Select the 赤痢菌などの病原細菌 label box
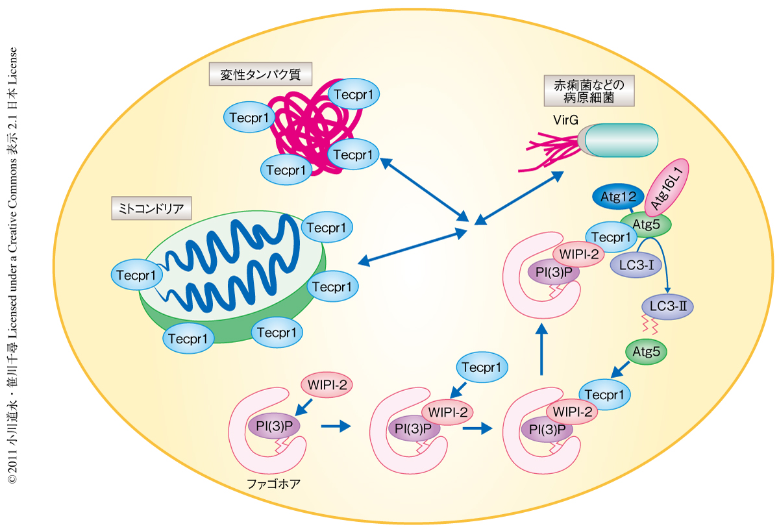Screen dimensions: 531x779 [x=589, y=92]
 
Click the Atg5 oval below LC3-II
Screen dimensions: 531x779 [x=646, y=352]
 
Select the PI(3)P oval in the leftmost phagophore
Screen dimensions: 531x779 [x=273, y=426]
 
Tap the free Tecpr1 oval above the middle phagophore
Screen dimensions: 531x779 [x=482, y=367]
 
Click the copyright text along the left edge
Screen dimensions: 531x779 [x=12, y=265]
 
